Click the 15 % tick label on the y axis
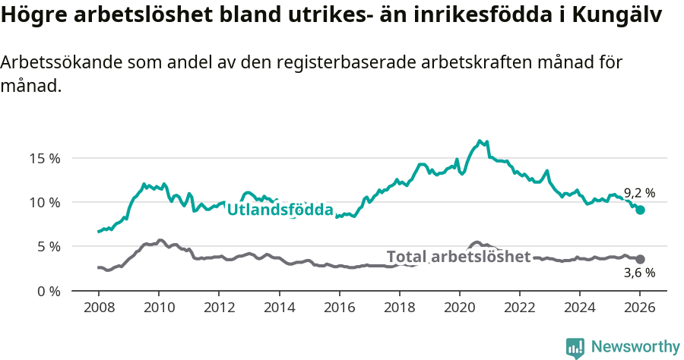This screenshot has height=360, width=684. point(45,159)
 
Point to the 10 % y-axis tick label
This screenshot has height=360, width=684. point(45,203)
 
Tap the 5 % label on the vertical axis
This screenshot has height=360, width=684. point(48,247)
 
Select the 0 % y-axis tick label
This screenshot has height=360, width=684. point(48,291)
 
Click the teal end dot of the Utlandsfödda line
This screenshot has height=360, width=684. point(640,210)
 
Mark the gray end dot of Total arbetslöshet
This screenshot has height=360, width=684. point(640,259)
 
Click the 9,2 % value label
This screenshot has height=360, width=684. point(639,193)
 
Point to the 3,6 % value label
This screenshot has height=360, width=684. point(639,273)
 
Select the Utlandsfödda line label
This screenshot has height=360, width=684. point(280,210)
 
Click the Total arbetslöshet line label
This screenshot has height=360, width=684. point(458,257)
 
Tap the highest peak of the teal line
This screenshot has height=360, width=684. point(480,141)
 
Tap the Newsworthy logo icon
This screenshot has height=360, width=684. point(575,348)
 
